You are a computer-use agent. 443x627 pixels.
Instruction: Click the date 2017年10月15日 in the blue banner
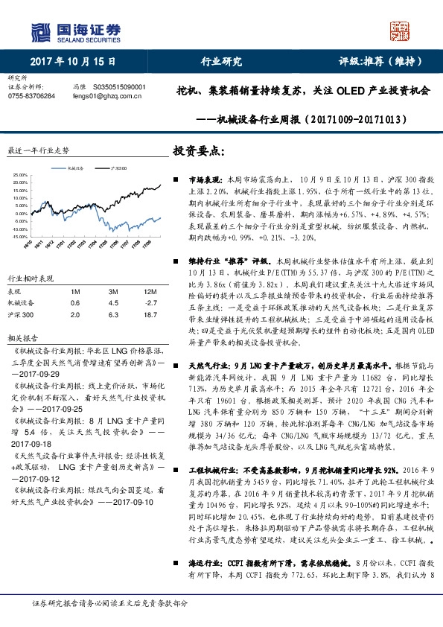pos(66,62)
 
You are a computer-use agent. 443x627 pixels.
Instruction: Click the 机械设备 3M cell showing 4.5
pos(113,303)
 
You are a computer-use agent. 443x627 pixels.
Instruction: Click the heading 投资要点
pos(197,150)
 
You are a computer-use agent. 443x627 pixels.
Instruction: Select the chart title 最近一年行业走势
pos(38,150)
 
